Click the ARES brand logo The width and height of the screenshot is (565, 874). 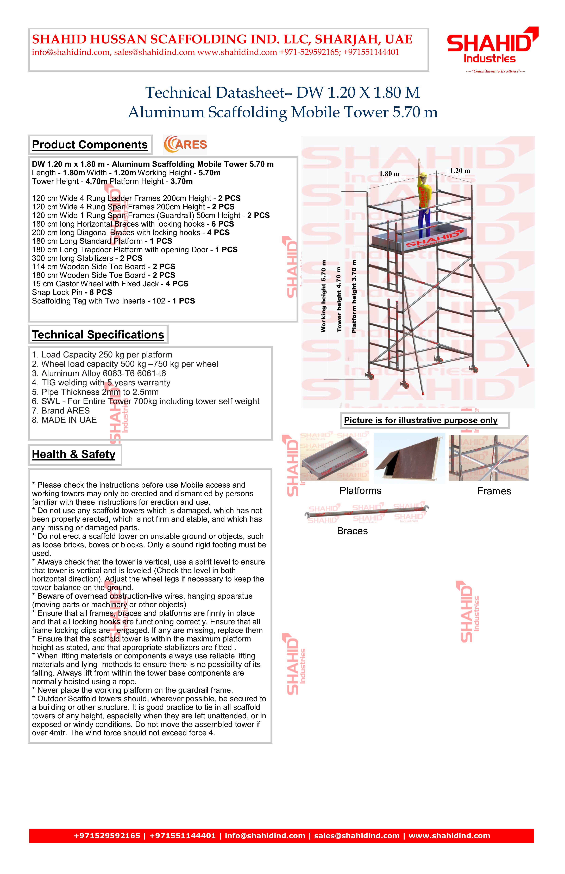click(186, 144)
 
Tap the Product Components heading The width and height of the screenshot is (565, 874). click(90, 145)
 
